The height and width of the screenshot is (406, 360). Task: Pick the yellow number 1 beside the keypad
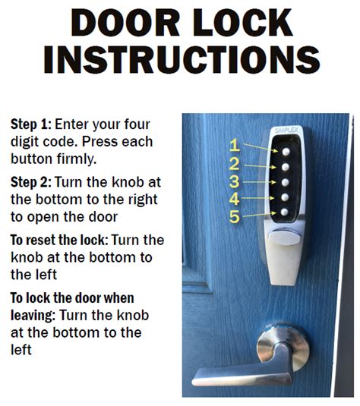235,145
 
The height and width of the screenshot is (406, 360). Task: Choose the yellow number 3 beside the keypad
235,181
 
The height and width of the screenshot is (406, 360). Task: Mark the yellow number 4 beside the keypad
235,200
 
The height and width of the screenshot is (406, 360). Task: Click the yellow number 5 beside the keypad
235,218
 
